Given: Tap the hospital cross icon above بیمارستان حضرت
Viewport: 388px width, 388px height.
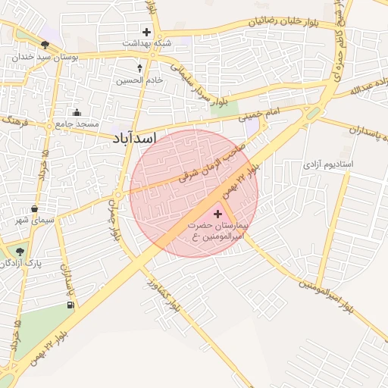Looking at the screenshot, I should pyautogui.click(x=219, y=214).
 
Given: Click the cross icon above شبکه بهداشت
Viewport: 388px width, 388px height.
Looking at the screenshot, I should pyautogui.click(x=146, y=32).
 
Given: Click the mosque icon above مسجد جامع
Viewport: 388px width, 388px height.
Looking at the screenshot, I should pyautogui.click(x=77, y=112).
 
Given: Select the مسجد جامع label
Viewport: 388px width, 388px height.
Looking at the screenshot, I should pyautogui.click(x=75, y=123).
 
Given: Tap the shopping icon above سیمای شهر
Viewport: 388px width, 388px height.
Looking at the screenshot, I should pyautogui.click(x=35, y=209).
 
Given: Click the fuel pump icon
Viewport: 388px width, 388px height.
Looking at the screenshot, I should pyautogui.click(x=70, y=305).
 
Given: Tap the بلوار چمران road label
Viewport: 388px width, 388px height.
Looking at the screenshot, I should pyautogui.click(x=115, y=221).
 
